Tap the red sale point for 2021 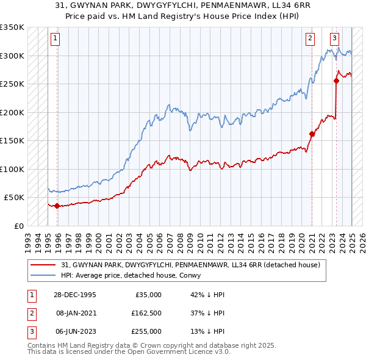point(312,134)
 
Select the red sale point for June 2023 point(336,81)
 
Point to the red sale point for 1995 point(57,206)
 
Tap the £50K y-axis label point(15,198)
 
